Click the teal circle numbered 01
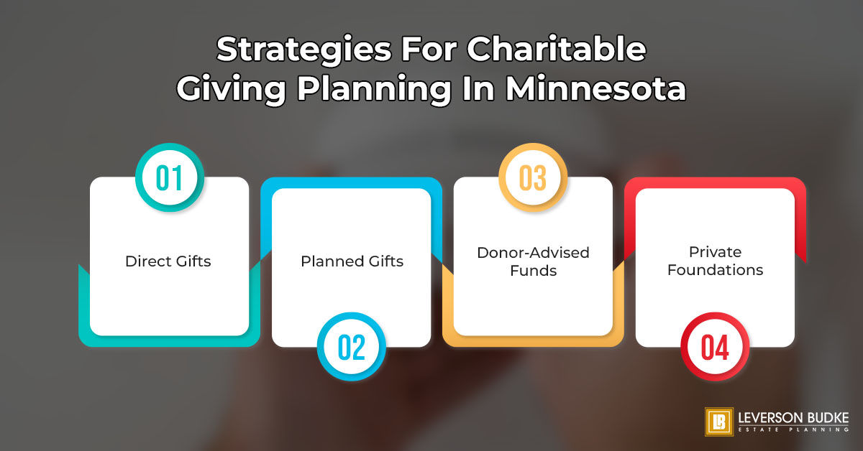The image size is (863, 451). click(x=169, y=178)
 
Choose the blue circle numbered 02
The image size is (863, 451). click(x=352, y=347)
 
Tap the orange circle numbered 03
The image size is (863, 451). click(x=533, y=178)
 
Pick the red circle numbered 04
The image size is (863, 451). click(x=715, y=347)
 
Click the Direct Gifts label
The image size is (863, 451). click(x=168, y=261)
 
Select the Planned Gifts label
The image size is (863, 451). click(x=352, y=261)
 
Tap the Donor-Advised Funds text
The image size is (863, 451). click(x=533, y=261)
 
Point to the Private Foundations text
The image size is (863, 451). click(x=715, y=261)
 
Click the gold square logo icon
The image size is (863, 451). click(x=718, y=422)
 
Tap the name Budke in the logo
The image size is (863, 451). click(x=828, y=417)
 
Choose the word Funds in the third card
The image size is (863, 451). click(x=533, y=270)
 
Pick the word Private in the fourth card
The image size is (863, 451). click(x=715, y=252)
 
